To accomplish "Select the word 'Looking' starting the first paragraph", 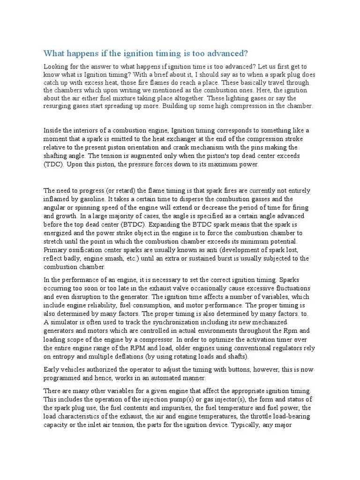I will point(55,66).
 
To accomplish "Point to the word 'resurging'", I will point(58,106).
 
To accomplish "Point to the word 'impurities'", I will point(174,407).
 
